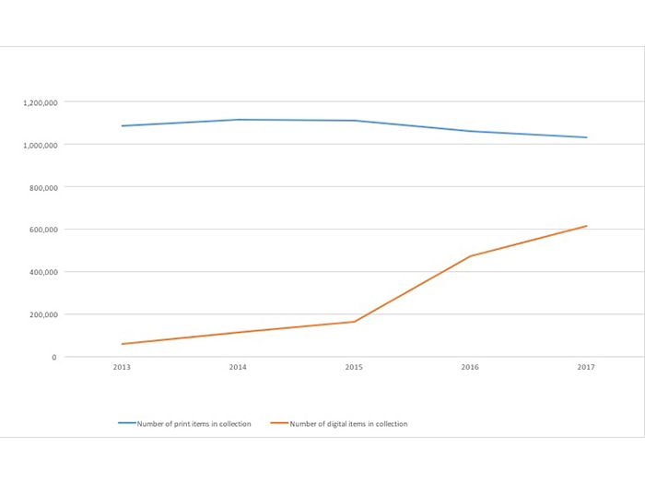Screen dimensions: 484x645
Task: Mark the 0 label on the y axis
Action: click(54, 357)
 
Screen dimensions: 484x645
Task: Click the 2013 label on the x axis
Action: click(122, 367)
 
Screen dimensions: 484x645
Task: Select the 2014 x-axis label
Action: click(238, 367)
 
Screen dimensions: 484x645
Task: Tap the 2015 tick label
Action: click(354, 367)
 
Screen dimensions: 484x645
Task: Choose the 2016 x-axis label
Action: click(470, 367)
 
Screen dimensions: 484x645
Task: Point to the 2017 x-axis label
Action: click(586, 367)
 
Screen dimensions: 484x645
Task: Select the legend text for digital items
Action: click(348, 424)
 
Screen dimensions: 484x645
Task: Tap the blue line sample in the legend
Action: click(127, 424)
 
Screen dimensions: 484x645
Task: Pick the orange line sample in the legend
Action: click(279, 424)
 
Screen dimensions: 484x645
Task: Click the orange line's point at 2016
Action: click(470, 256)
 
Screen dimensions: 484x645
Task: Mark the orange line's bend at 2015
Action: click(354, 322)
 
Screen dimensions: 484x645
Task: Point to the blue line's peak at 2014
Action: click(238, 120)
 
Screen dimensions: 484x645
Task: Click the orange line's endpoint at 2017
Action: click(586, 226)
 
